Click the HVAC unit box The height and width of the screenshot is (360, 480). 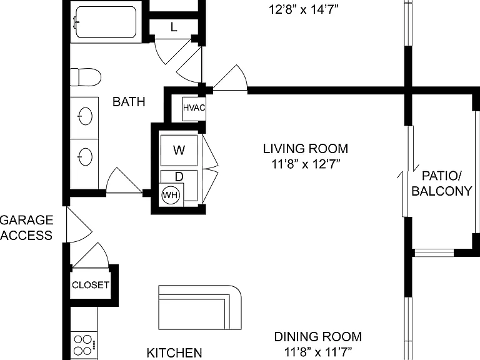(x=194, y=109)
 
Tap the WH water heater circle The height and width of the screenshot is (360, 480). (x=171, y=195)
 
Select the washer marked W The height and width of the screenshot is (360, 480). (x=179, y=150)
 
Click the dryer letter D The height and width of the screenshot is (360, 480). (x=179, y=177)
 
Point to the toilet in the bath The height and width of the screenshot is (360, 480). (x=86, y=77)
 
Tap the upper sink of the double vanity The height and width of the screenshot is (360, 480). (x=85, y=116)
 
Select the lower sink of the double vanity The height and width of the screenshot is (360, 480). (x=85, y=156)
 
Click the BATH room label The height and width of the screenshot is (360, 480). (x=129, y=102)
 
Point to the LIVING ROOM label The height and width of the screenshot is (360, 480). (x=306, y=149)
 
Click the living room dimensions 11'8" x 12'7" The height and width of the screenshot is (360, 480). (x=306, y=164)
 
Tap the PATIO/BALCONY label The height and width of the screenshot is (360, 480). (x=442, y=183)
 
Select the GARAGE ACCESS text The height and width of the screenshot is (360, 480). (x=26, y=227)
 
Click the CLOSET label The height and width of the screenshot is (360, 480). (x=90, y=285)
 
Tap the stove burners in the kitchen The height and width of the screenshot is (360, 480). (x=83, y=345)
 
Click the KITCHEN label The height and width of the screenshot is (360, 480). (x=174, y=352)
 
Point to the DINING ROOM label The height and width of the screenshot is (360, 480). (x=317, y=337)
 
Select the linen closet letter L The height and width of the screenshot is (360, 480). (x=174, y=27)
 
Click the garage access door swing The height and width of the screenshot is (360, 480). (x=79, y=225)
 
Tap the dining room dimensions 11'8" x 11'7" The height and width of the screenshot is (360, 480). (x=318, y=351)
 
